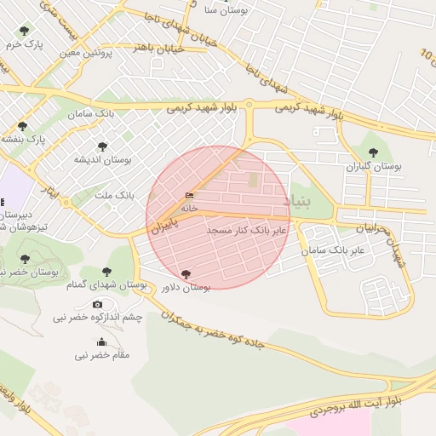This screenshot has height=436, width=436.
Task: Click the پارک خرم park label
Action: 23,43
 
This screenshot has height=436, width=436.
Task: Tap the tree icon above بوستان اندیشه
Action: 103,146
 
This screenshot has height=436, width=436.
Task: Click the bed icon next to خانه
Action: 189,196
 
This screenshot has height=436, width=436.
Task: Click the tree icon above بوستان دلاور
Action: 186,274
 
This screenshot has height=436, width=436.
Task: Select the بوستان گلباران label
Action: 372,168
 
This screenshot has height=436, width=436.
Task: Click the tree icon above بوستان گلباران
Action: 373,153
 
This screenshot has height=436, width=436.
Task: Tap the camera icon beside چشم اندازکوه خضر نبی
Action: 97,304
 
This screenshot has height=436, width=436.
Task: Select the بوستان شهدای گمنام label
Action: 107,284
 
